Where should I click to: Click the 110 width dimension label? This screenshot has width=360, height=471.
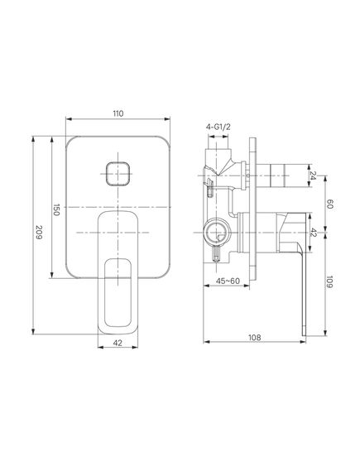pyautogui.click(x=118, y=113)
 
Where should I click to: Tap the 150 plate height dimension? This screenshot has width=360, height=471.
pyautogui.click(x=56, y=209)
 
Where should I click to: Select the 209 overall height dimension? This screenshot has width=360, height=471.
pyautogui.click(x=39, y=232)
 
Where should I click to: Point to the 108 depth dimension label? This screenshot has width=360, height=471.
pyautogui.click(x=255, y=338)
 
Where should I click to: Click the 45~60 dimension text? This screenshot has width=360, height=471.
pyautogui.click(x=228, y=281)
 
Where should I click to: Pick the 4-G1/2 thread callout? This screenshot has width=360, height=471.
pyautogui.click(x=218, y=127)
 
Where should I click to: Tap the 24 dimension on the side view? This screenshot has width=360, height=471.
pyautogui.click(x=313, y=175)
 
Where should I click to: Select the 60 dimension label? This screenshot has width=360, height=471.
pyautogui.click(x=329, y=204)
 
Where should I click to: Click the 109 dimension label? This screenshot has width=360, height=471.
pyautogui.click(x=329, y=281)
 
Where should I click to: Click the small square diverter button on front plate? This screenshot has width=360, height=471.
pyautogui.click(x=118, y=174)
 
